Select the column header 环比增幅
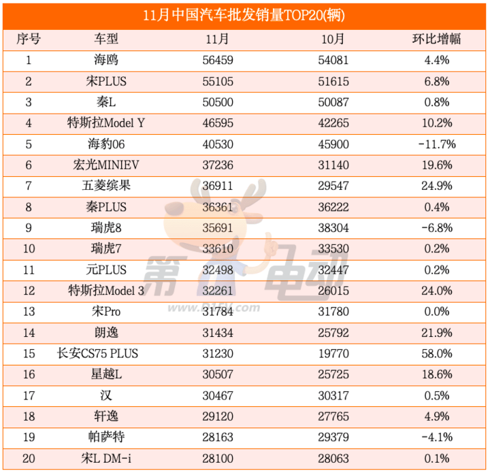pyautogui.click(x=436, y=39)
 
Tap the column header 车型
pyautogui.click(x=106, y=39)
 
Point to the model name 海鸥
pyautogui.click(x=106, y=60)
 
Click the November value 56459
pyautogui.click(x=218, y=60)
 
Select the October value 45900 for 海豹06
pyautogui.click(x=333, y=144)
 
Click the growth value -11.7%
pyautogui.click(x=436, y=144)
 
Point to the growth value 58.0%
pyautogui.click(x=436, y=354)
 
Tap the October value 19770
pyautogui.click(x=333, y=354)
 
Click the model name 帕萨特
pyautogui.click(x=106, y=438)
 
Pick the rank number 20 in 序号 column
pyautogui.click(x=29, y=459)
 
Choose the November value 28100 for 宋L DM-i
pyautogui.click(x=218, y=459)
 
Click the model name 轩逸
pyautogui.click(x=106, y=417)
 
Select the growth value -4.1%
pyautogui.click(x=436, y=438)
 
